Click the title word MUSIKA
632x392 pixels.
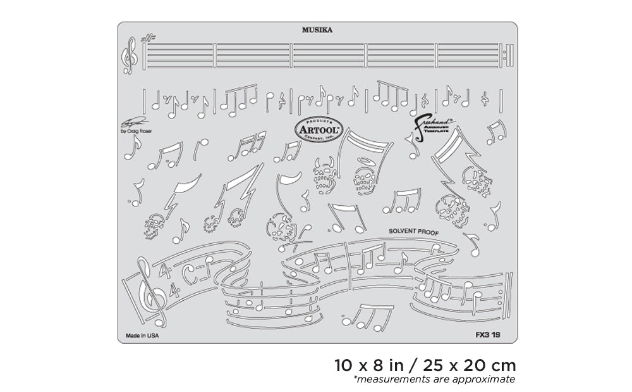tap(317, 29)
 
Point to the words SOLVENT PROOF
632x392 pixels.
tap(414, 232)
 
